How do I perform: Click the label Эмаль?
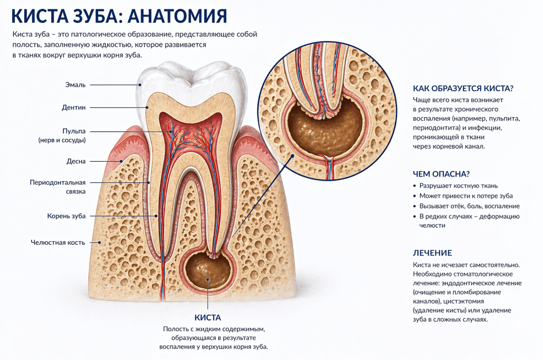point(75,85)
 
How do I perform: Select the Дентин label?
point(74,107)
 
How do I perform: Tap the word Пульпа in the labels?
point(74,131)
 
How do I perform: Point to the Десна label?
point(76,161)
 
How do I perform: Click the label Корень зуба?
point(66,216)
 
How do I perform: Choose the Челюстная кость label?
point(58,242)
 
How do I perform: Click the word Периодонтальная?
point(58,182)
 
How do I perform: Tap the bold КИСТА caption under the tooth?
point(208,318)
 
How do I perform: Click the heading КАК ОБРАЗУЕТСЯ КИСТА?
point(463,89)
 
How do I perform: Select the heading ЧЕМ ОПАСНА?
point(441,174)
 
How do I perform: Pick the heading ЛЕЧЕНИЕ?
point(432,253)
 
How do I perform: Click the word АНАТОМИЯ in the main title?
point(177,16)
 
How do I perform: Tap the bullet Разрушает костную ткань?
point(458,186)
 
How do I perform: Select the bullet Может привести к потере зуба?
point(466,196)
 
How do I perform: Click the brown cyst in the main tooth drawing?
point(208,271)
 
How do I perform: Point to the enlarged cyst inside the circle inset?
point(325,128)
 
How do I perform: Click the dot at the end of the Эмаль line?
point(140,85)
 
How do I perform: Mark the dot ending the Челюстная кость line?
point(99,242)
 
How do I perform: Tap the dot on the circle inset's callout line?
point(292,156)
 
